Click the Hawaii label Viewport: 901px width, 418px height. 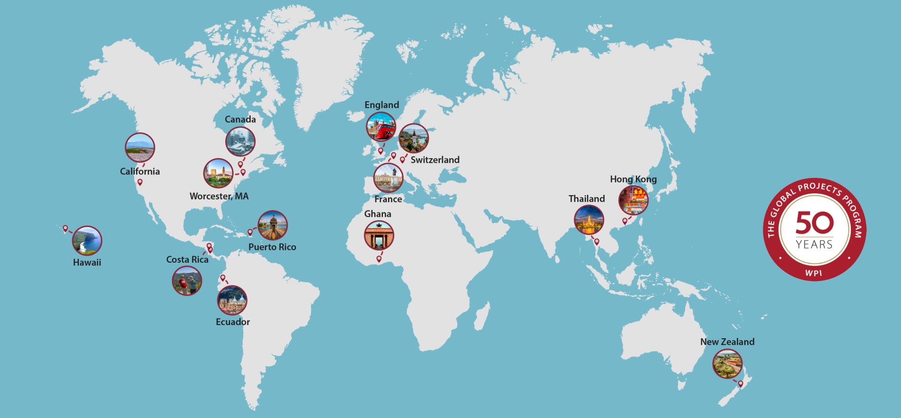click(x=87, y=263)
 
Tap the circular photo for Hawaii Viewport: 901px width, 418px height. click(x=87, y=241)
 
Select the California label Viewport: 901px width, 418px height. click(x=140, y=172)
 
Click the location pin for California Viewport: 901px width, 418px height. click(x=140, y=182)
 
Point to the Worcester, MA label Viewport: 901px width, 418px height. click(x=219, y=196)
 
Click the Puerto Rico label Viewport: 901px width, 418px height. click(x=272, y=247)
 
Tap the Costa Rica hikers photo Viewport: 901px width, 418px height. click(x=187, y=281)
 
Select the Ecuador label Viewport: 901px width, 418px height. click(x=233, y=322)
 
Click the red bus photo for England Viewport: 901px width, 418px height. click(x=381, y=126)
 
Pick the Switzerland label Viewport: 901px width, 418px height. click(x=435, y=160)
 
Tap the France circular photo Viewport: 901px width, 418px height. click(x=388, y=178)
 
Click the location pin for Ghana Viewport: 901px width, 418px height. click(x=379, y=259)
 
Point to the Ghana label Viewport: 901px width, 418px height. click(x=378, y=214)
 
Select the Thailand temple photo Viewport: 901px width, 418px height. click(x=588, y=220)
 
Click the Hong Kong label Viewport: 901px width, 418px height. click(x=633, y=179)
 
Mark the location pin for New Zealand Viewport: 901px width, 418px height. click(x=741, y=384)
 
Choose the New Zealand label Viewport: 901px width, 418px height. click(x=727, y=342)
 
